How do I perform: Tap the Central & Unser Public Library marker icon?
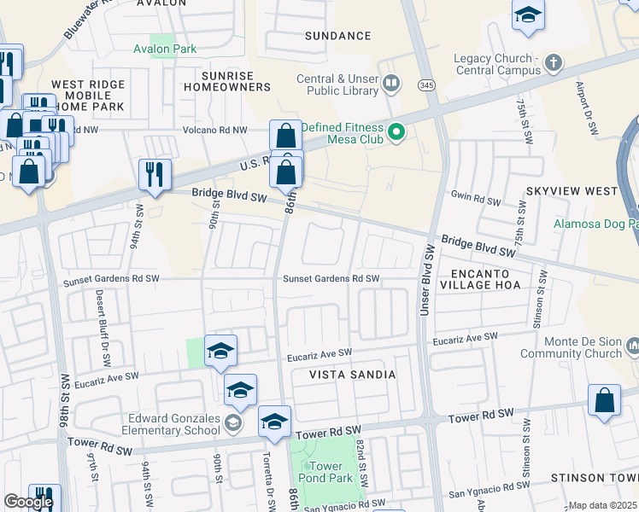(x=392, y=83)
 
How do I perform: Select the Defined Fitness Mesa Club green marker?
(x=396, y=131)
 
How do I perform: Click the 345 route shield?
(x=426, y=84)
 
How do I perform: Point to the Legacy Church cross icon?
(x=554, y=63)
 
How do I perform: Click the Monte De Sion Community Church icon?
(x=633, y=346)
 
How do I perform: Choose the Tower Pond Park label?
(x=325, y=472)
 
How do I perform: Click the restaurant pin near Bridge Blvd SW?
(x=155, y=174)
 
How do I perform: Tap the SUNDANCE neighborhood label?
(x=338, y=36)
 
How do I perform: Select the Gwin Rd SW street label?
(x=475, y=199)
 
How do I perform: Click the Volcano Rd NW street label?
(x=215, y=130)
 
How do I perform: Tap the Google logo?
(x=28, y=502)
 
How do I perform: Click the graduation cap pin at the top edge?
(x=528, y=15)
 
